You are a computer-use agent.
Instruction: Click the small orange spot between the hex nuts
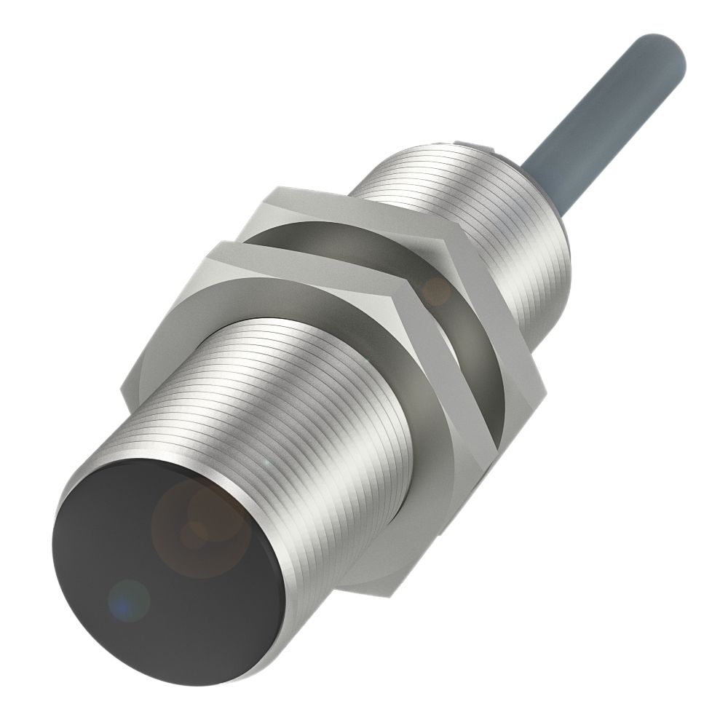[x=437, y=291]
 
